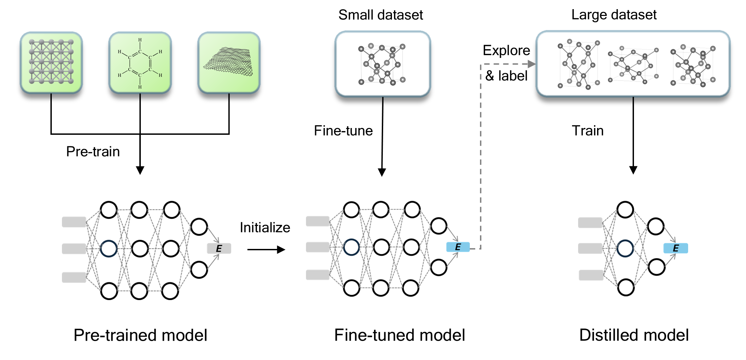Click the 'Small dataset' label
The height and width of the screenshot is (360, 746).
click(x=380, y=15)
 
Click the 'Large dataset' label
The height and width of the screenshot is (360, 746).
click(x=614, y=15)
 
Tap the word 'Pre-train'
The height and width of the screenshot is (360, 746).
click(x=93, y=151)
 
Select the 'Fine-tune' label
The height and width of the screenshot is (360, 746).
click(x=343, y=131)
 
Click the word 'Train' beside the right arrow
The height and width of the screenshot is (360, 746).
click(x=588, y=131)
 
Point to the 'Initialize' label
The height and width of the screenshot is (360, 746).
click(x=265, y=228)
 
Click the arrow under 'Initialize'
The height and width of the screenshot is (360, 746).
click(x=266, y=250)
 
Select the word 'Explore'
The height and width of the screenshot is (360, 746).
click(x=506, y=50)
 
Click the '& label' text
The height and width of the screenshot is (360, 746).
click(x=506, y=76)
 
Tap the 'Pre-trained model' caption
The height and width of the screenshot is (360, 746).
click(x=140, y=335)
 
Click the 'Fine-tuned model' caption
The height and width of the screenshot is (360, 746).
click(x=399, y=335)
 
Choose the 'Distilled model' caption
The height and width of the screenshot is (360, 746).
click(x=634, y=335)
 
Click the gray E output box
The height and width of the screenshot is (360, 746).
click(x=219, y=249)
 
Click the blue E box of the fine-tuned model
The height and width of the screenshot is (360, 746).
click(x=458, y=247)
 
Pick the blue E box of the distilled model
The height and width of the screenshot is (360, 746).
click(x=676, y=248)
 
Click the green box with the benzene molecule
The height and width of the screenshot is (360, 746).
click(x=140, y=63)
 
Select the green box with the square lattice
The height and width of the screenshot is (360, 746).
click(x=51, y=62)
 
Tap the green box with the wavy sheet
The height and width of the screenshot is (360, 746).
click(x=229, y=62)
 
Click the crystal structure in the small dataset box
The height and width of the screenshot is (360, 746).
click(x=382, y=64)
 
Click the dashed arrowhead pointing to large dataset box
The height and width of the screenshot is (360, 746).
click(x=531, y=64)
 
